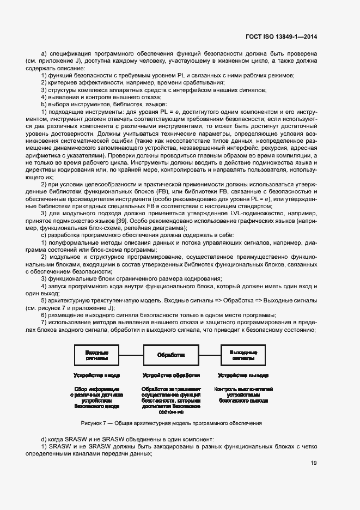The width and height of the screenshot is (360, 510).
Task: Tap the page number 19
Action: [x=314, y=464]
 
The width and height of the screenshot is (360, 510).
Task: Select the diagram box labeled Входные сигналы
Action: [x=96, y=355]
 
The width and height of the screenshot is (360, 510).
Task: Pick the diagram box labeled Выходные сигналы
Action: [x=244, y=355]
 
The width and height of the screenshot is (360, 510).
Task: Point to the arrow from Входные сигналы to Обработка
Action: [x=131, y=355]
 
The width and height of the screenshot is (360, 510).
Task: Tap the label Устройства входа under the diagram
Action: [x=96, y=375]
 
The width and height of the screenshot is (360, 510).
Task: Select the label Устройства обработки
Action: [x=171, y=375]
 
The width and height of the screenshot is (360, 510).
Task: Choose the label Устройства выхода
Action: [x=243, y=375]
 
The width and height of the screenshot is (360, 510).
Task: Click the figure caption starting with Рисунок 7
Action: [x=171, y=423]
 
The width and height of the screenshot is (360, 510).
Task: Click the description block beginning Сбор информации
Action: [x=96, y=398]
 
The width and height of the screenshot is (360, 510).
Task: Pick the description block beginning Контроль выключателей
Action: [x=243, y=394]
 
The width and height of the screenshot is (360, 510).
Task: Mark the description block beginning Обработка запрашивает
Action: [x=171, y=400]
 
